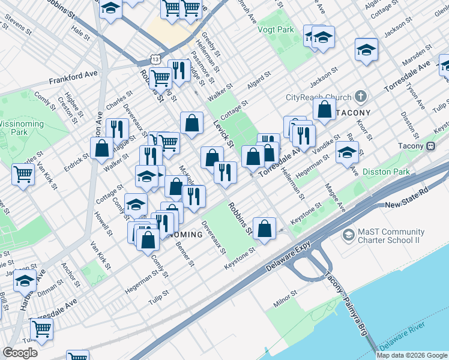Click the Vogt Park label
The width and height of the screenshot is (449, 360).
pyautogui.click(x=276, y=29)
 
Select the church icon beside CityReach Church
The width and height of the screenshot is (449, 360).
pyautogui.click(x=360, y=96)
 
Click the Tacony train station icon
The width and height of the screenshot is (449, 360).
pyautogui.click(x=430, y=146)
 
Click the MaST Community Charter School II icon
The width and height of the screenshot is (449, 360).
pyautogui.click(x=348, y=235)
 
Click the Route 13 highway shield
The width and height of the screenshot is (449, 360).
pyautogui.click(x=155, y=61)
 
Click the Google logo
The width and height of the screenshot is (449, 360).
pyautogui.click(x=20, y=353)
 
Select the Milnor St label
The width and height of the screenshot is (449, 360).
pyautogui.click(x=285, y=295)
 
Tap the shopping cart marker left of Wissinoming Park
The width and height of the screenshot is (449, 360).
pyautogui.click(x=23, y=174)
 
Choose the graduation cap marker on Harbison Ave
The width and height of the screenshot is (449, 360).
pyautogui.click(x=25, y=280)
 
